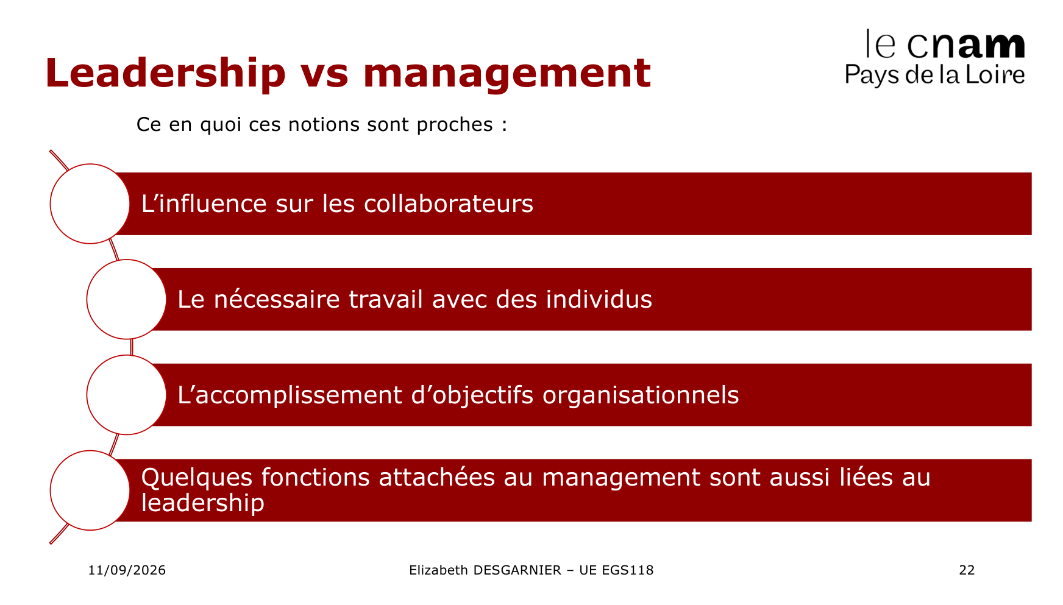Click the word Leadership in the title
165,73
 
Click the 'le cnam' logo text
945,44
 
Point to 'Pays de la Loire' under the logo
935,75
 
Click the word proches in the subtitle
455,125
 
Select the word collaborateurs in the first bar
449,203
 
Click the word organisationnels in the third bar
641,395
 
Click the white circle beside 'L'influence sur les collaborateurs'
90,203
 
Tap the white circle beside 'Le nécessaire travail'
127,299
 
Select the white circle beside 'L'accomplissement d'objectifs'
127,395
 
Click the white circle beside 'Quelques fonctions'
90,490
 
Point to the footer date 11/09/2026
127,570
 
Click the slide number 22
967,570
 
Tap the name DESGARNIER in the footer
517,570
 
